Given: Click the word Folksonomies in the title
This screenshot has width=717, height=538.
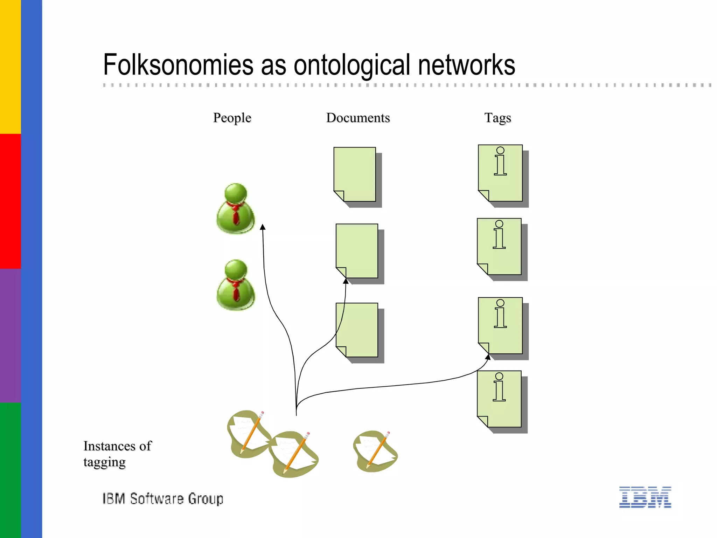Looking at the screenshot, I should click(x=178, y=65).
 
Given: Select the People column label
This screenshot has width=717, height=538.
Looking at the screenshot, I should click(x=232, y=118).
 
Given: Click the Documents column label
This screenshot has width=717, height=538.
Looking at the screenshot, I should click(x=358, y=118).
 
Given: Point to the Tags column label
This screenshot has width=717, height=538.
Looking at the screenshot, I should click(x=497, y=118).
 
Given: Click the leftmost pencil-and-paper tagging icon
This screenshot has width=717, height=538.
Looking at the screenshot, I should click(x=248, y=434).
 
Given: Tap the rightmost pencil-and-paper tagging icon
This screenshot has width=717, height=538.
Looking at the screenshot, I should click(x=375, y=451).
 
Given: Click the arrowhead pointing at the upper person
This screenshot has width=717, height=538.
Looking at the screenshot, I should click(x=263, y=227).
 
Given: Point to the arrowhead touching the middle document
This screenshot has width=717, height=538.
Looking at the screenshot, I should click(x=346, y=281).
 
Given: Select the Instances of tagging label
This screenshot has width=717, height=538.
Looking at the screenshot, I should click(x=117, y=454).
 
